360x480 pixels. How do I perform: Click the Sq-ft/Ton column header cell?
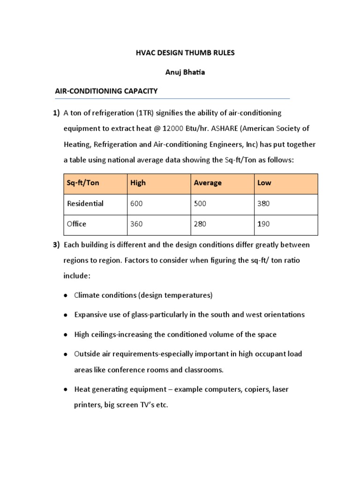[83, 183]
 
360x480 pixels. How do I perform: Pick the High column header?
[138, 183]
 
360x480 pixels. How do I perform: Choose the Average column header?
[208, 183]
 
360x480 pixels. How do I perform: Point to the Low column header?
[264, 183]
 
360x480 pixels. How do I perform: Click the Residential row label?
[85, 204]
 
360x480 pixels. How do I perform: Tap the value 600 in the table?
[136, 204]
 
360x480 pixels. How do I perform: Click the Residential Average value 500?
[200, 204]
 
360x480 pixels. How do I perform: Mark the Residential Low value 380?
[264, 204]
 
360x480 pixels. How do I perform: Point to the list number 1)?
[56, 113]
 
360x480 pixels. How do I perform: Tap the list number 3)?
[56, 245]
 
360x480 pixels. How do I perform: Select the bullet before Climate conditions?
[65, 296]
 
